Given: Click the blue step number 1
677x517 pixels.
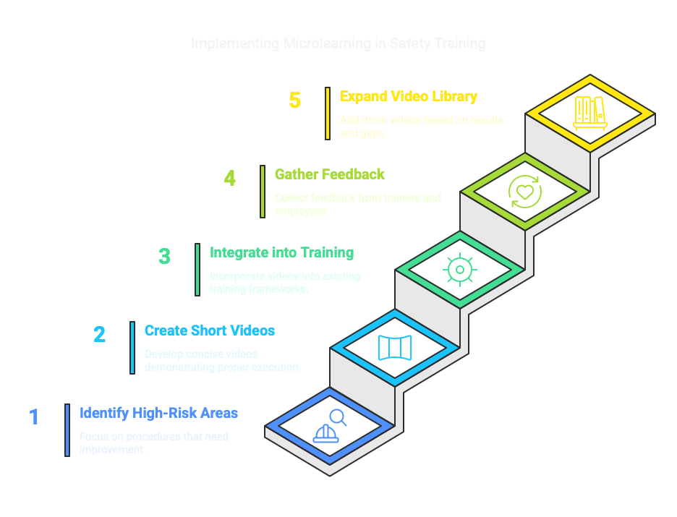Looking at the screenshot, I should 34,417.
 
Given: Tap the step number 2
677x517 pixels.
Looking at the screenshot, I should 99,334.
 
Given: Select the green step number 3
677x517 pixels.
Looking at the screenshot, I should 165,257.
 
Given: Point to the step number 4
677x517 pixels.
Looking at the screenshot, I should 230,178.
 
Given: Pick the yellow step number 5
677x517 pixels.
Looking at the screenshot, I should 295,100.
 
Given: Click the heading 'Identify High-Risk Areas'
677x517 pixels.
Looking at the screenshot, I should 158,414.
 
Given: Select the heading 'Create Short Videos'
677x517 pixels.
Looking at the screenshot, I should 209,330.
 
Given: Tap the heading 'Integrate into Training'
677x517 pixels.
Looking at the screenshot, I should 281,252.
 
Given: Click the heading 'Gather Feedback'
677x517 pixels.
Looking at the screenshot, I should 329,174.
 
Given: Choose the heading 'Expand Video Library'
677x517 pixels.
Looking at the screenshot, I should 409,96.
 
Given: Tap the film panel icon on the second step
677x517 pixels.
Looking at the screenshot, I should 394,348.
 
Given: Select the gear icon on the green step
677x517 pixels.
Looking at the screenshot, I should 459,270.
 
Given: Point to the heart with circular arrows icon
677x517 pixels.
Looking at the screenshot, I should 524,192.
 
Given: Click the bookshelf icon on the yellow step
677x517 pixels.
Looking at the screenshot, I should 589,113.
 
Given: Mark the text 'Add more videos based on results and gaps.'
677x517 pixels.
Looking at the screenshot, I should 422,127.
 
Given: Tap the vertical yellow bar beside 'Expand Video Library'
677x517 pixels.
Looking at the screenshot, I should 328,113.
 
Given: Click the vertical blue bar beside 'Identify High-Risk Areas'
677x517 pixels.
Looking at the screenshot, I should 67,430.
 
